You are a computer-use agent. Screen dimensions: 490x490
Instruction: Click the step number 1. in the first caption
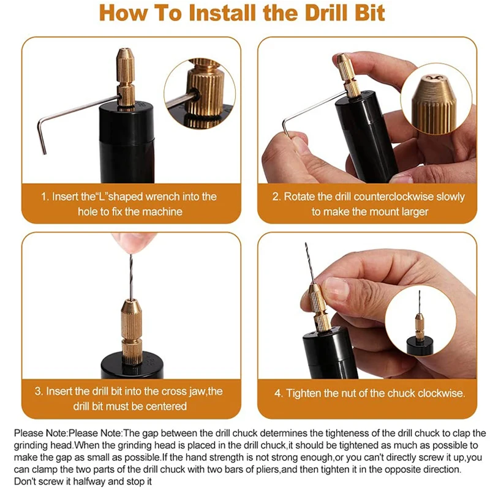coord(45,197)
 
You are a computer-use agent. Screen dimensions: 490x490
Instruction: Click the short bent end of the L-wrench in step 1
coord(41,137)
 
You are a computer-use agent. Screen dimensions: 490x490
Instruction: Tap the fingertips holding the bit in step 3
coord(131,242)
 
